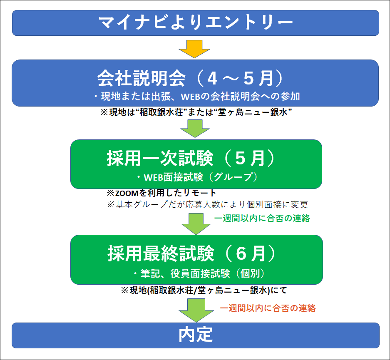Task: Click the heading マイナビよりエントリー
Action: [196, 22]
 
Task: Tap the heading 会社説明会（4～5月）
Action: [191, 78]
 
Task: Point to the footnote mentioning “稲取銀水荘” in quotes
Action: [196, 112]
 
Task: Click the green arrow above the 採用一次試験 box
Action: [195, 129]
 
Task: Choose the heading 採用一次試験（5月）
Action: [191, 158]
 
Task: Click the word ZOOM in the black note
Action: [127, 193]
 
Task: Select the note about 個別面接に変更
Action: [208, 204]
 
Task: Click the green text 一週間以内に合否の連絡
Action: [262, 218]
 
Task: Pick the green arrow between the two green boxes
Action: [196, 224]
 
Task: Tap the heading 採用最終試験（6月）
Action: [192, 253]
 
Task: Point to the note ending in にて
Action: [204, 290]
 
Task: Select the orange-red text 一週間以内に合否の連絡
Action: [268, 308]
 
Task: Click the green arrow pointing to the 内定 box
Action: [196, 310]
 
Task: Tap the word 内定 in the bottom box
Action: [196, 335]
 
